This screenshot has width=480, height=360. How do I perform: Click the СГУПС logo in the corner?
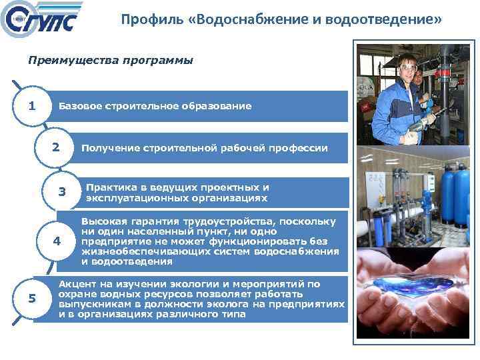41,21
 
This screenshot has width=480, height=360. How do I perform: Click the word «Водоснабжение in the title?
231,20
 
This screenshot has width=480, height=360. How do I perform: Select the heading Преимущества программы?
110,61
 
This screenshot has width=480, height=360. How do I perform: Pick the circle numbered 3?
62,192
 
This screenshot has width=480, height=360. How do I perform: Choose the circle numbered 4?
57,241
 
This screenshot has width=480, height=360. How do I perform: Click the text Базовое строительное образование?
155,106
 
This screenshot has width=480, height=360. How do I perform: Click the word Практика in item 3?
109,187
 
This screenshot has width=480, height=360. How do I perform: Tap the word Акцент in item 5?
77,283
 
